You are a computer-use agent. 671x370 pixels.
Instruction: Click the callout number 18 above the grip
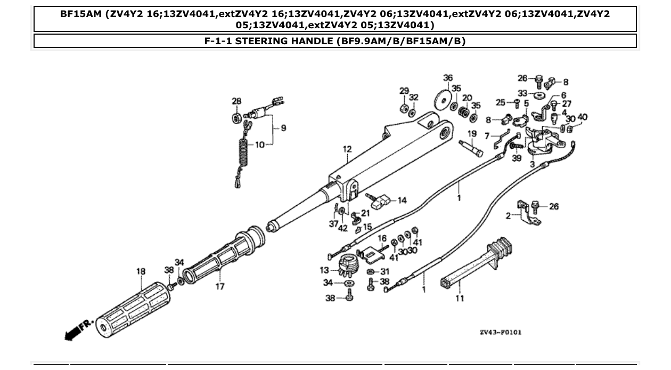click(141, 272)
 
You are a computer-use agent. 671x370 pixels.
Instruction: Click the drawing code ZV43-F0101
click(500, 332)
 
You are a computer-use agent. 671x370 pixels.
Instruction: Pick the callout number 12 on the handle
click(347, 150)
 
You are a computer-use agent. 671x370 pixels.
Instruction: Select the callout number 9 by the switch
click(283, 128)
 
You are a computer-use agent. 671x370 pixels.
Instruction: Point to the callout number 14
click(402, 200)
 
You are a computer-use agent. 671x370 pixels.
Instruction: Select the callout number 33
click(522, 92)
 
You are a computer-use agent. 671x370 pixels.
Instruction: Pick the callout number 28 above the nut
click(236, 101)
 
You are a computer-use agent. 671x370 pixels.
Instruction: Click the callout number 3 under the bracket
click(532, 165)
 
